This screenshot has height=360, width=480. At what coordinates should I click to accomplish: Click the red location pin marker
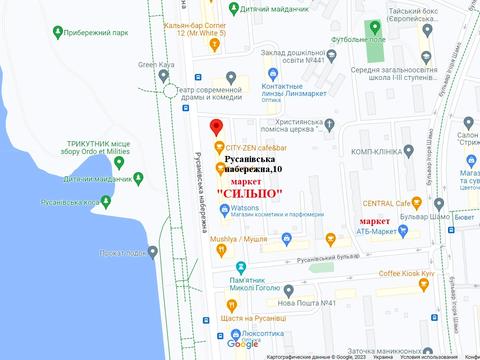216,127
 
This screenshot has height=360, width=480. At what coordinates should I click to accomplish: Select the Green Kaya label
155,66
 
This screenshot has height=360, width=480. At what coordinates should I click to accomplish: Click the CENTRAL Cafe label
396,202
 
